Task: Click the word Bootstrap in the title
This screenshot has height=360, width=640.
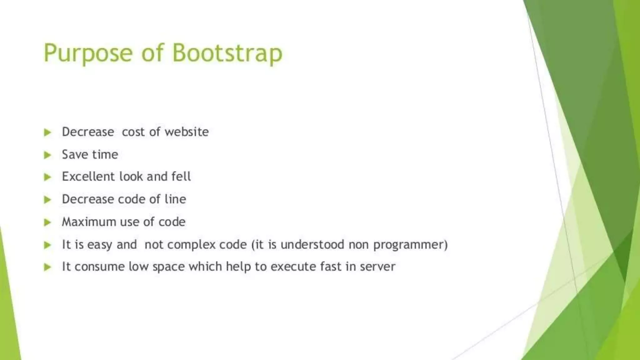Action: point(227,53)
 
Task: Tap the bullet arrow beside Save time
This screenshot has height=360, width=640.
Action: point(47,155)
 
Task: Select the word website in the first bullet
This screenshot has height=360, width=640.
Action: point(187,132)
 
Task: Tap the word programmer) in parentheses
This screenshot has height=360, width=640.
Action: point(410,245)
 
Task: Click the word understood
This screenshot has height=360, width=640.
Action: point(312,244)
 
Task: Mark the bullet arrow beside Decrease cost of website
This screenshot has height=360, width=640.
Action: point(47,132)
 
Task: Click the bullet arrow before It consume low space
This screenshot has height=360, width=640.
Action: point(47,267)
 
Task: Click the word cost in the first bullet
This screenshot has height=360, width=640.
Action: point(133,132)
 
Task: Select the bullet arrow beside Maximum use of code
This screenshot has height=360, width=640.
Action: point(47,222)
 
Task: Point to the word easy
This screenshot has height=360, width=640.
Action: point(100,245)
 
